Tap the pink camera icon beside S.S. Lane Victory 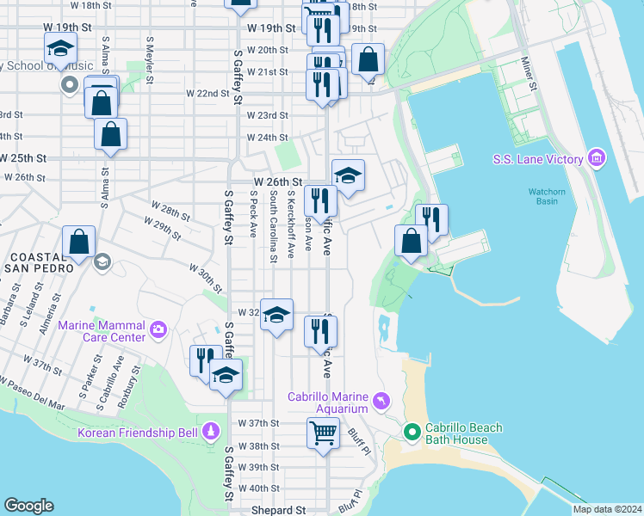596,158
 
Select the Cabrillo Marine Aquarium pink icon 380,401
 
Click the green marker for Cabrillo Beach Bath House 412,433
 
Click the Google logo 28,506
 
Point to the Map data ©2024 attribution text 607,509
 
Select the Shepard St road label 278,510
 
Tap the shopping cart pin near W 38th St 323,433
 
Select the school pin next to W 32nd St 276,316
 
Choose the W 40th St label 261,488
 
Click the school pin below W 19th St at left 60,48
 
